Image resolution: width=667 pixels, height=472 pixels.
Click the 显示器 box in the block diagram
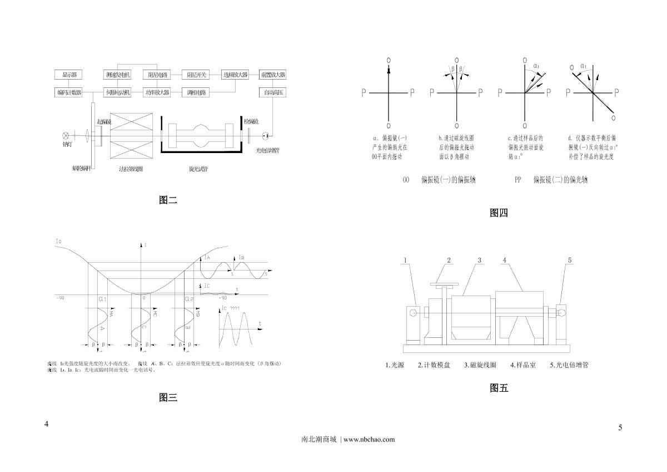tap(69, 75)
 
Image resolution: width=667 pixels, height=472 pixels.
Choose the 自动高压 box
tap(272, 93)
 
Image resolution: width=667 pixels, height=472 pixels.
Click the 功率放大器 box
tap(156, 93)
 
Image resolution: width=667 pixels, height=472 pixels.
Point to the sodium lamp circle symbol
tap(66, 135)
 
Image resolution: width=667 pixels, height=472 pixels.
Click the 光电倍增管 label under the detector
tap(267, 150)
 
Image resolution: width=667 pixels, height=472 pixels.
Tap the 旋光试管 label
tap(199, 168)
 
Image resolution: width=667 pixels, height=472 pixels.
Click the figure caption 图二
tap(168, 200)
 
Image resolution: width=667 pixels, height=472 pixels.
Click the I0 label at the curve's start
tap(59, 241)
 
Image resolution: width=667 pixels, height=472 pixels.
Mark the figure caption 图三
tap(168, 397)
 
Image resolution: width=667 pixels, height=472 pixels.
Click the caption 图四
tap(499, 213)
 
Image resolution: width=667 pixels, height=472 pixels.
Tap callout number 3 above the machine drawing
tap(480, 260)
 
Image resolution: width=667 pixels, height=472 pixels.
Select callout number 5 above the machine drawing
tap(570, 260)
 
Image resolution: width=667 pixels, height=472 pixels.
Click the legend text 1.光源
tap(395, 366)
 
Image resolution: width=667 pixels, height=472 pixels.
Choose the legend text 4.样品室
tap(523, 366)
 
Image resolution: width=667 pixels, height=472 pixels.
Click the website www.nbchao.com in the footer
tap(370, 439)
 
